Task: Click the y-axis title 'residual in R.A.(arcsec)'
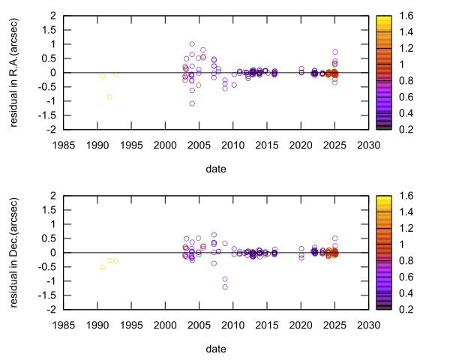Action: click(15, 72)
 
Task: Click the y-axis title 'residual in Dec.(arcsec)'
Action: click(15, 252)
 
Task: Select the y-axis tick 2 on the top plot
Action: click(53, 15)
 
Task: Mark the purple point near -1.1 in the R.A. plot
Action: click(192, 103)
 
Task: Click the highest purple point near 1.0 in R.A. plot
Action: click(192, 44)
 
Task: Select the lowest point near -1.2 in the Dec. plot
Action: click(225, 286)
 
